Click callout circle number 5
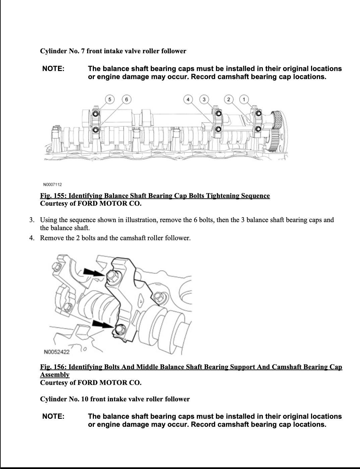110,99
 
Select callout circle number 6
126,99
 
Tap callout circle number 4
188,99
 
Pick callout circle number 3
204,99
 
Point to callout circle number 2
229,99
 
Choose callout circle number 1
244,99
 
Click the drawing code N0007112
53,185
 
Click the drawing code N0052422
57,352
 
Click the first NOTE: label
53,69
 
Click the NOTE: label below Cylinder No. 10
53,416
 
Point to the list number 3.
32,220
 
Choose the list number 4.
32,238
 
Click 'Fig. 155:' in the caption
54,196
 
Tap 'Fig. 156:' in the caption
54,367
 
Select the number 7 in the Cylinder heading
83,51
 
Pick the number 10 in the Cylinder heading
85,399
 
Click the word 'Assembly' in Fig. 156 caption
55,375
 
